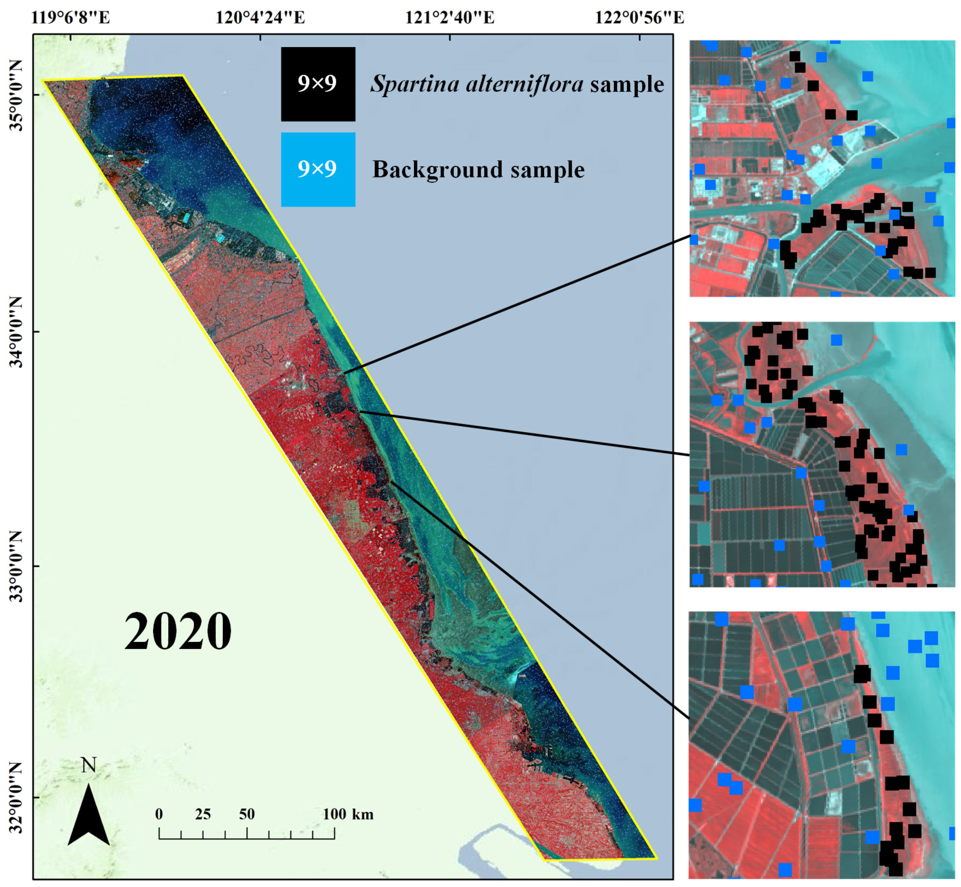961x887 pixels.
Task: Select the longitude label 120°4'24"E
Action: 260,18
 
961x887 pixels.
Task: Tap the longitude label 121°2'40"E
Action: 449,18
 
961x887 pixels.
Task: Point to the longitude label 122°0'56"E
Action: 640,18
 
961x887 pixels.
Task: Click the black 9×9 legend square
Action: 318,84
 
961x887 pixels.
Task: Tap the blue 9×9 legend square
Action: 318,170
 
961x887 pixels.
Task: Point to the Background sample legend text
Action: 478,170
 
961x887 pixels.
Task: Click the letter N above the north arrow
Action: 89,765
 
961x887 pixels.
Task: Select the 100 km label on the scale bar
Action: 348,814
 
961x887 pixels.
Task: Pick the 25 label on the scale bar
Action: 203,814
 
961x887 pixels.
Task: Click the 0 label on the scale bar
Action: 159,814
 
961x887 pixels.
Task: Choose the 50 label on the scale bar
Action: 247,814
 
